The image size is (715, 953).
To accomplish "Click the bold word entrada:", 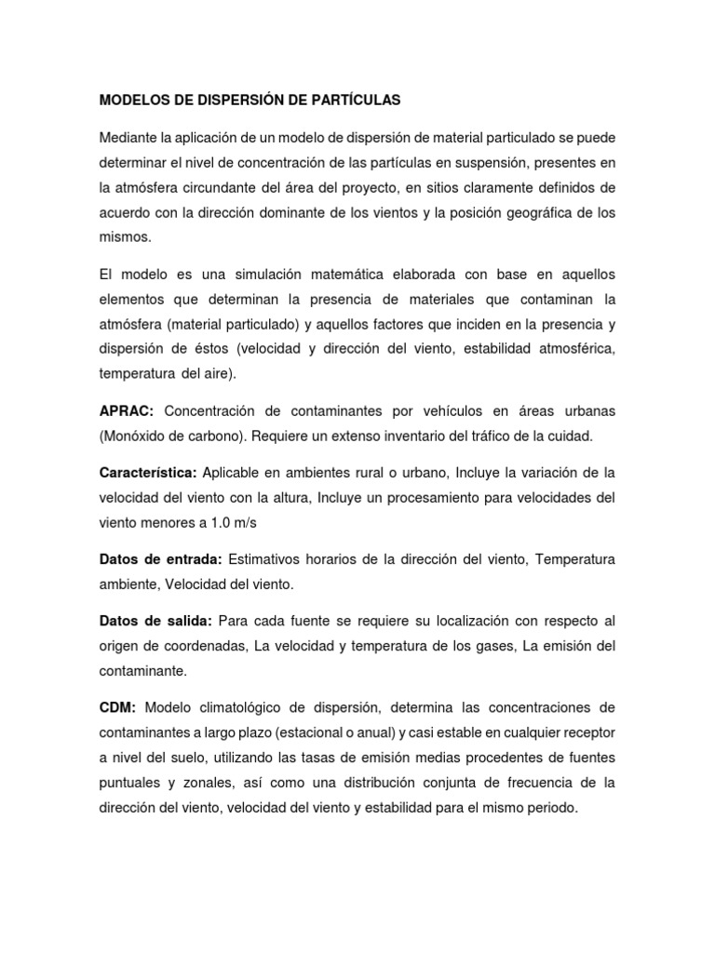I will coord(193,560).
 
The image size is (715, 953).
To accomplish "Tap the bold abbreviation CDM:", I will coord(117,708).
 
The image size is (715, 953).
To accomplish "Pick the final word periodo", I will coord(549,809).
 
